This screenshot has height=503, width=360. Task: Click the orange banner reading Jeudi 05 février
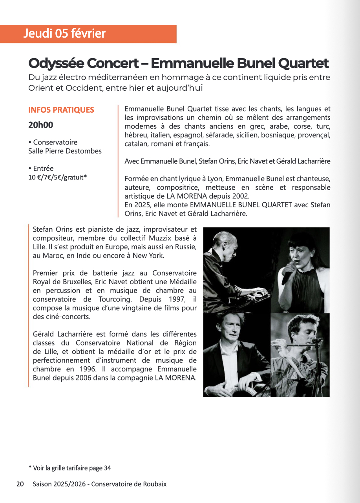[88, 34]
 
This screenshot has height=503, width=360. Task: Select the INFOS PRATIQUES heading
[61, 110]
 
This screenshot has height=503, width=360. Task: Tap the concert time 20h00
[40, 125]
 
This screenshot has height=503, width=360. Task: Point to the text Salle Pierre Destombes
[65, 151]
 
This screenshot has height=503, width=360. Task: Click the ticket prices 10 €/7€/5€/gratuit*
[57, 177]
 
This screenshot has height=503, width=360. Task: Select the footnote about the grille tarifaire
[69, 468]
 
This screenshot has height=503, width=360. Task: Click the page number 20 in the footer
[20, 484]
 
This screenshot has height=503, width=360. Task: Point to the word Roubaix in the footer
[155, 484]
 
